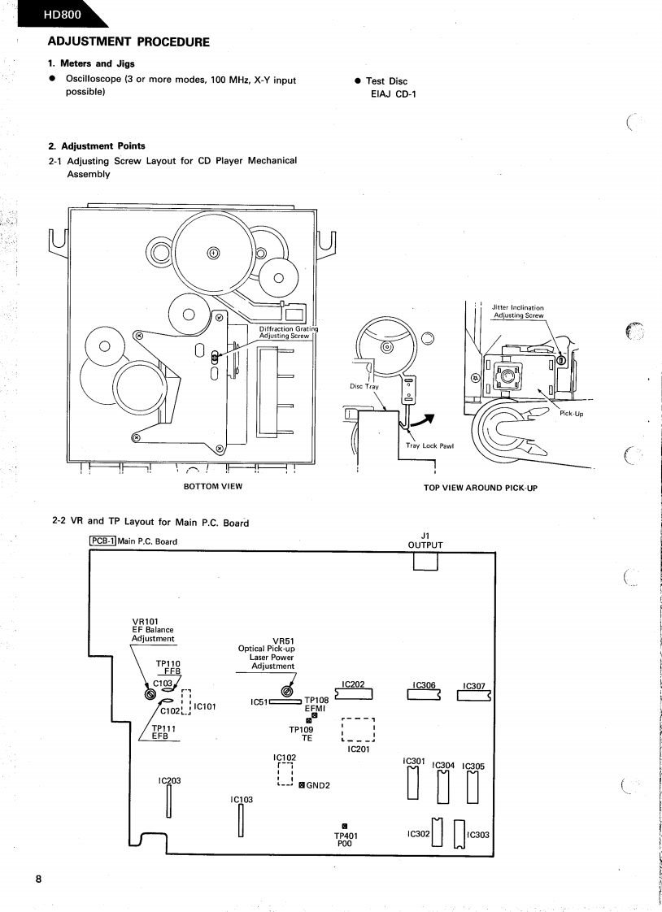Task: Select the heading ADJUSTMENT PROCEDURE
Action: click(128, 41)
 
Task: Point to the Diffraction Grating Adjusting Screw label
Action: click(287, 332)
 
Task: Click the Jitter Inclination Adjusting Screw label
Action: click(518, 311)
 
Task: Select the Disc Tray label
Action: click(364, 386)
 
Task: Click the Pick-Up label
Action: click(572, 413)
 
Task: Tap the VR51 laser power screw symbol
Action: click(286, 692)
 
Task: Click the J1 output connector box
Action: click(425, 562)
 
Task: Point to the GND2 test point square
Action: click(302, 785)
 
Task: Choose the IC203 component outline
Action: click(170, 801)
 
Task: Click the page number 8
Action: click(37, 881)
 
